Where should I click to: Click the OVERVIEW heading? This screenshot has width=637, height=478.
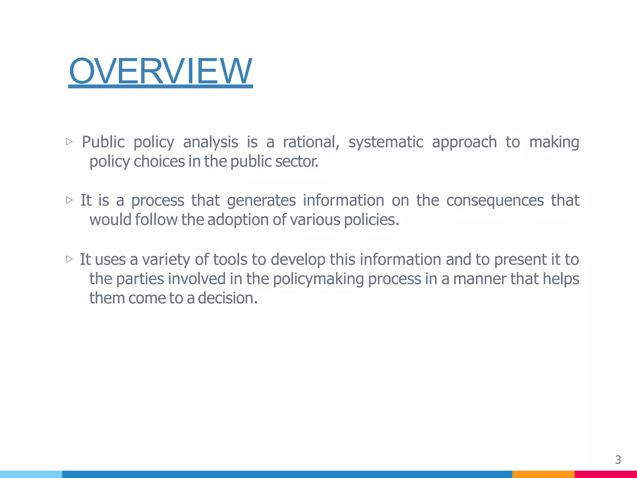click(x=160, y=71)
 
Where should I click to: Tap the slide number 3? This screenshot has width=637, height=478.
click(x=618, y=460)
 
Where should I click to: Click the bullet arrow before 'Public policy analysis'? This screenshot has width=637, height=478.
click(x=69, y=142)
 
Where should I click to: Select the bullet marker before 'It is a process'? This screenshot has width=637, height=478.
click(x=69, y=200)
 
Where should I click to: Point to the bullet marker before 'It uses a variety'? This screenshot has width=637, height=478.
click(x=69, y=259)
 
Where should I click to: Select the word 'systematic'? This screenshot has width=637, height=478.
click(x=386, y=142)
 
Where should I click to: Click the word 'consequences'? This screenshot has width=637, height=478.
click(x=495, y=200)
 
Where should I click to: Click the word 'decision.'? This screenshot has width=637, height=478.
click(x=228, y=298)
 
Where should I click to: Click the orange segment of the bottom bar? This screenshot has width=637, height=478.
click(x=543, y=474)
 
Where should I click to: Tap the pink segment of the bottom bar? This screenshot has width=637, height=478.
click(x=605, y=474)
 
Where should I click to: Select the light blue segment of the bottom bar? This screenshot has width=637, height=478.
click(x=31, y=474)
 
